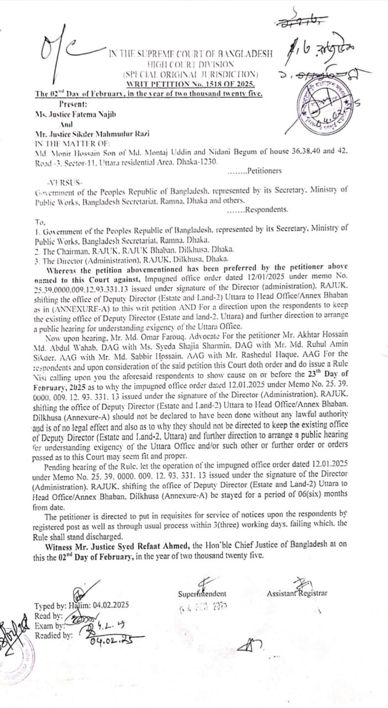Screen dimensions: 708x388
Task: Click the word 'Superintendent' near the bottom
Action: pyautogui.click(x=202, y=594)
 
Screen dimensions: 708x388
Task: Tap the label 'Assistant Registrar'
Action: pyautogui.click(x=297, y=594)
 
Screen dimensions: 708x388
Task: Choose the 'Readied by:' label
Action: pyautogui.click(x=54, y=636)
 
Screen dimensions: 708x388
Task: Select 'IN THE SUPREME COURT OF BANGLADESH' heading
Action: pyautogui.click(x=191, y=54)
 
